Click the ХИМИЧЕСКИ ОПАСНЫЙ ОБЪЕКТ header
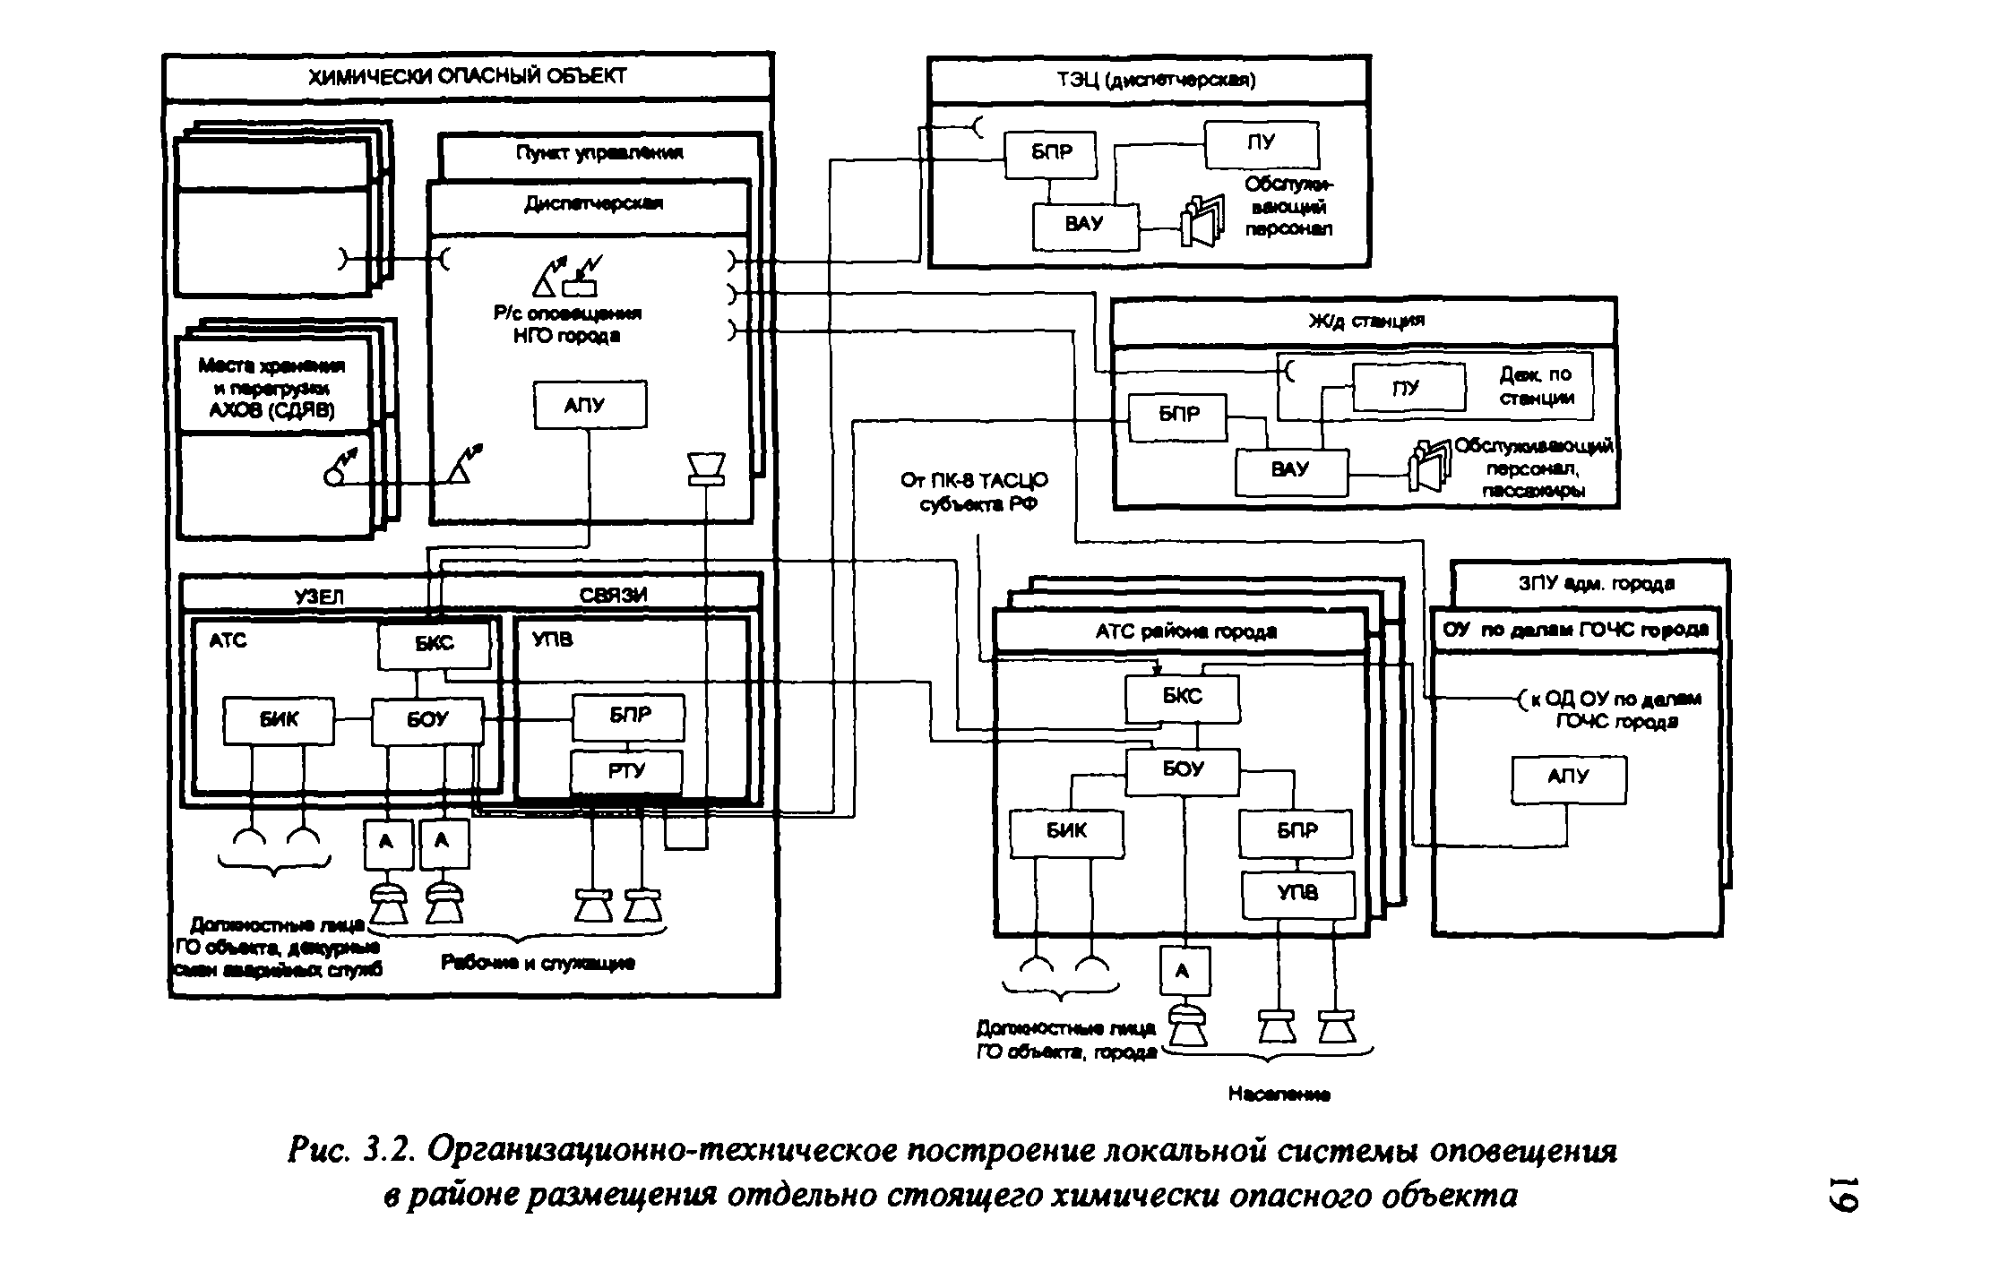pyautogui.click(x=467, y=77)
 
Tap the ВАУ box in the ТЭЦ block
pyautogui.click(x=1085, y=226)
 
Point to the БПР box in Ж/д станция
pyautogui.click(x=1177, y=416)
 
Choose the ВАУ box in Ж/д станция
pyautogui.click(x=1290, y=472)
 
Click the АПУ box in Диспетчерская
pyautogui.click(x=589, y=406)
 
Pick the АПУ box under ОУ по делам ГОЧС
pyautogui.click(x=1568, y=779)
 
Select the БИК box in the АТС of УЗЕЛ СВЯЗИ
pyautogui.click(x=279, y=720)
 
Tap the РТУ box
pyautogui.click(x=626, y=772)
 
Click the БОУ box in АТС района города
pyautogui.click(x=1183, y=770)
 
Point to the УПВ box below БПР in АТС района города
pyautogui.click(x=1297, y=894)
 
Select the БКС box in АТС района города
pyautogui.click(x=1183, y=698)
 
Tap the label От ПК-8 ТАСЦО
pyautogui.click(x=974, y=482)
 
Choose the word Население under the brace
pyautogui.click(x=1279, y=1094)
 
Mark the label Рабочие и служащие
pyautogui.click(x=538, y=963)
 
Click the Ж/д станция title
pyautogui.click(x=1364, y=321)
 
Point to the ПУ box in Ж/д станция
pyautogui.click(x=1408, y=388)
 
